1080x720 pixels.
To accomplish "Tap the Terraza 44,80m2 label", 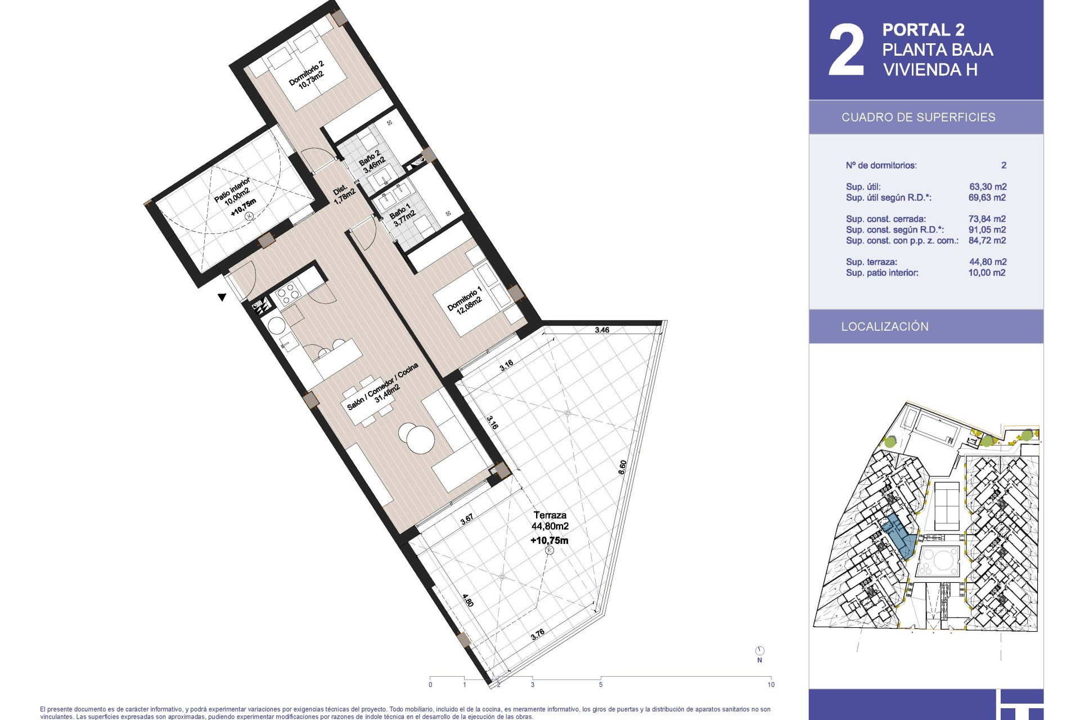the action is tap(550, 520).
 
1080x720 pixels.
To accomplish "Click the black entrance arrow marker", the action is tap(222, 297).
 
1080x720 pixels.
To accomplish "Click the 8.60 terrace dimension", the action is tap(622, 467).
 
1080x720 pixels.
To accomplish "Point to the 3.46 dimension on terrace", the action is tap(602, 330).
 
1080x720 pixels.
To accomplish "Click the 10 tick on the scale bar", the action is tap(771, 685).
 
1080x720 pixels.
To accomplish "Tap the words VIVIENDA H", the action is tap(930, 70).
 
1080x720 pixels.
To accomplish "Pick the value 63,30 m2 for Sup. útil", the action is tap(988, 187).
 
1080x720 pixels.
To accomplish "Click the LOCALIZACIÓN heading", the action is tap(885, 327).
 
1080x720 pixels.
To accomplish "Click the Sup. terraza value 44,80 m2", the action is tap(988, 262).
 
